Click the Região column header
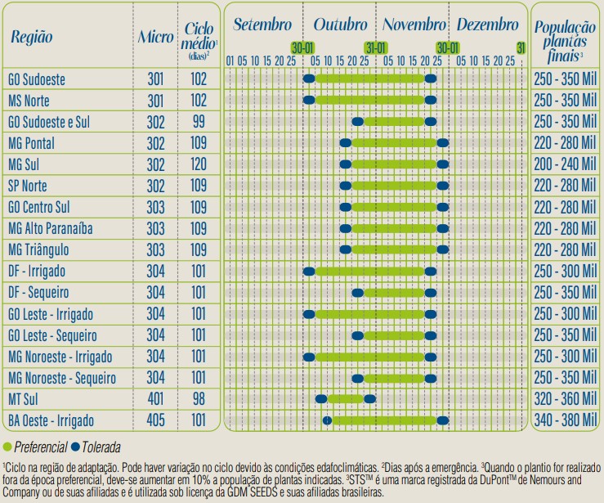31,38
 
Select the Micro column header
155,38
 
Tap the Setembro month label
262,25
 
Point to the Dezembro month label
488,25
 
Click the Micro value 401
155,399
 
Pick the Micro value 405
155,420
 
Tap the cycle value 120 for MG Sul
199,164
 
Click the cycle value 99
199,122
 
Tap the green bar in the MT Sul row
345,399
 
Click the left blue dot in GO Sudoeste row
309,79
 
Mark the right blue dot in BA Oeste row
443,420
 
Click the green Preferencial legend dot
7,447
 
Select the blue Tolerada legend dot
75,447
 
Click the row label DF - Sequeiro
38,293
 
